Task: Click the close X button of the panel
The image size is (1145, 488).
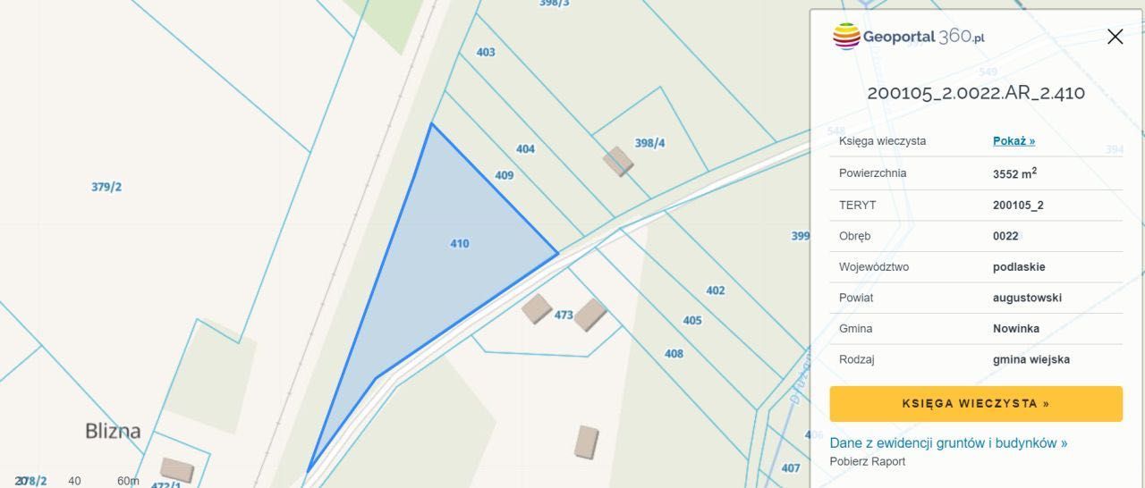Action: click(1115, 37)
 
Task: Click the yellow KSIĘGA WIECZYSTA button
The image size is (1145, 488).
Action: click(976, 404)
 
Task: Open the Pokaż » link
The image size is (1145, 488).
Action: click(1014, 141)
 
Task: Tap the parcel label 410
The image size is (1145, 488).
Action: click(460, 243)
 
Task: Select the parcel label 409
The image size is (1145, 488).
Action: click(505, 175)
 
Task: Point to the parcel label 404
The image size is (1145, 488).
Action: click(525, 148)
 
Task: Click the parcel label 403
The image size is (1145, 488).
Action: click(486, 52)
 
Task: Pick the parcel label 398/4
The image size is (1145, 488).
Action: click(650, 143)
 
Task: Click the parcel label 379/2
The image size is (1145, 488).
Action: click(106, 187)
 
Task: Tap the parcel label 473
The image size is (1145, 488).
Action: click(564, 315)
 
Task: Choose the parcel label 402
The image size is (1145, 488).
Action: click(716, 290)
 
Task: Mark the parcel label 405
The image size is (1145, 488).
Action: click(692, 320)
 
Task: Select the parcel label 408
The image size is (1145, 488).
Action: click(674, 353)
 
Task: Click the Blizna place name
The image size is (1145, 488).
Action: click(113, 431)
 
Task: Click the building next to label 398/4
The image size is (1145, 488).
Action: click(618, 161)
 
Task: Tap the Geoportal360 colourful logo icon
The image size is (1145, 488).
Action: click(846, 37)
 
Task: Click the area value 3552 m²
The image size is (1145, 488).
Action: click(1014, 173)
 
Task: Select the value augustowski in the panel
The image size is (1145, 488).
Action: click(1027, 298)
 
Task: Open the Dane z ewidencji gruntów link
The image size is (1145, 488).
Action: click(948, 442)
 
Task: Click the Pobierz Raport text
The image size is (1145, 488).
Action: click(867, 461)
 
